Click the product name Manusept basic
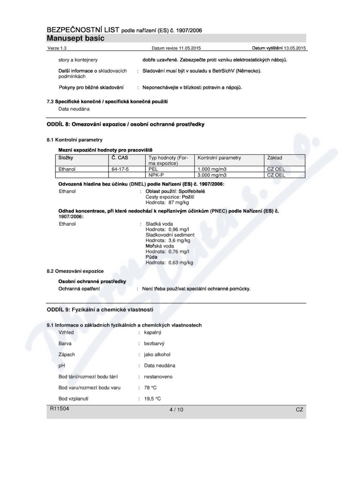(76, 38)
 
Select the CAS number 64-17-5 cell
(118, 168)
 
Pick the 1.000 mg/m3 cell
(212, 168)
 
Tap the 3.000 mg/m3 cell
(212, 174)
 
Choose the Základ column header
(276, 158)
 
